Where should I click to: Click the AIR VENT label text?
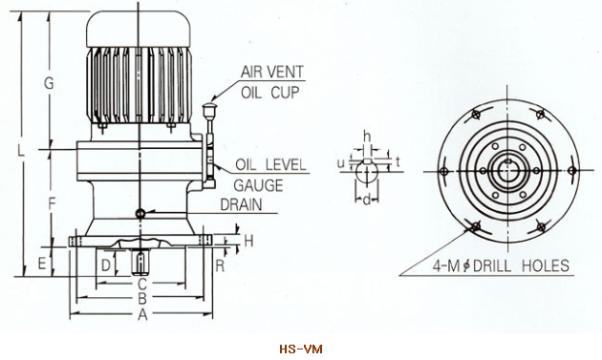click(x=272, y=72)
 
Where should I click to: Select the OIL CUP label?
click(x=269, y=93)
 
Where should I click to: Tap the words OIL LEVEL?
click(x=271, y=164)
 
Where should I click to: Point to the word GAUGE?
click(x=258, y=185)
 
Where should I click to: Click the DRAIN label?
click(x=242, y=204)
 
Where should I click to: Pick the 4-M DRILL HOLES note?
click(x=501, y=265)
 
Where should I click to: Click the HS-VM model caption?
click(x=301, y=349)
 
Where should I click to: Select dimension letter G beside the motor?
click(x=49, y=82)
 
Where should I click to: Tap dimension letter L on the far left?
click(x=21, y=150)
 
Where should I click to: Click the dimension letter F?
click(x=53, y=203)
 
